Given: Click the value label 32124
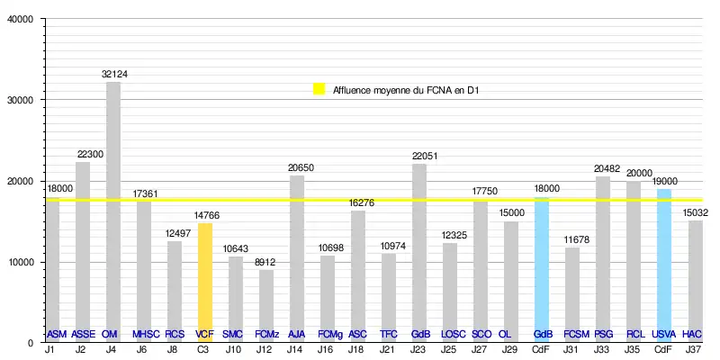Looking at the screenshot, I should (113, 74).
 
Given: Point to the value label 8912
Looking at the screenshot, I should (266, 261).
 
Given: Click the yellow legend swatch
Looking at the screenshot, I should (319, 89).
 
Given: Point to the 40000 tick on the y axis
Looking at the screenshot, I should (20, 19).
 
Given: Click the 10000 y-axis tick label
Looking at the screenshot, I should (20, 262).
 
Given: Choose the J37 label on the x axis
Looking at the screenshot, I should (693, 350).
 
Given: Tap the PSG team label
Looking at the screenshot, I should (603, 334).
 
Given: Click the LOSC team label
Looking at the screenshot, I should (450, 334).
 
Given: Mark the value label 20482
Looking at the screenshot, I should (603, 168).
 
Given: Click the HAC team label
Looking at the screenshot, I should (692, 334).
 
